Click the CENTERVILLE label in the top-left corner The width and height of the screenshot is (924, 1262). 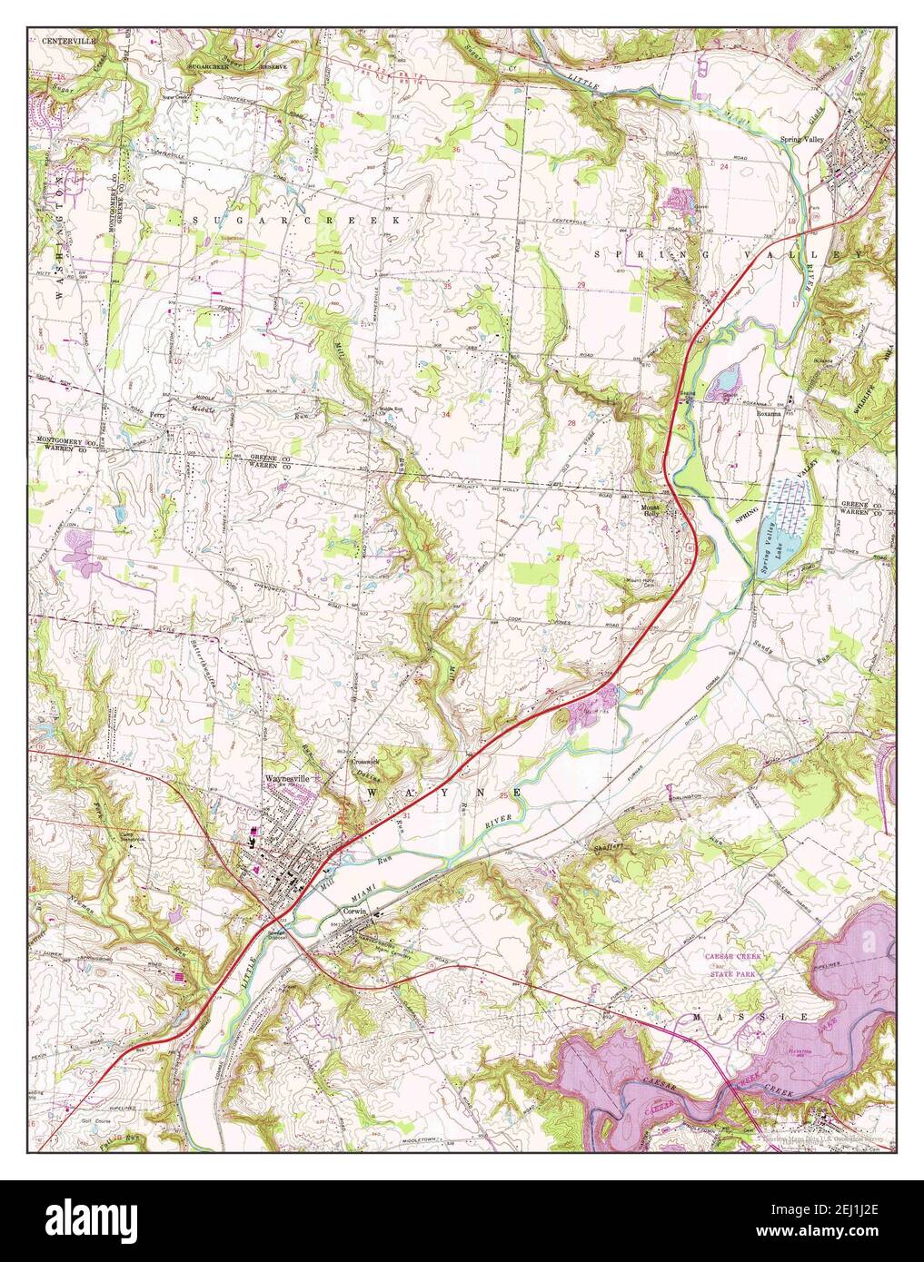[x=61, y=41]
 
